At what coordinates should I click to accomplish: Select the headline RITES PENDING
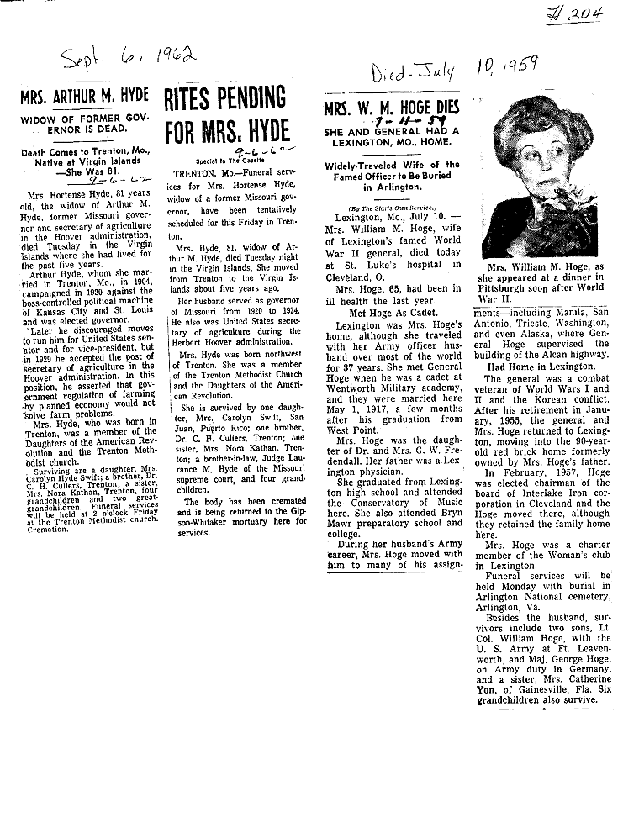[x=226, y=99]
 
